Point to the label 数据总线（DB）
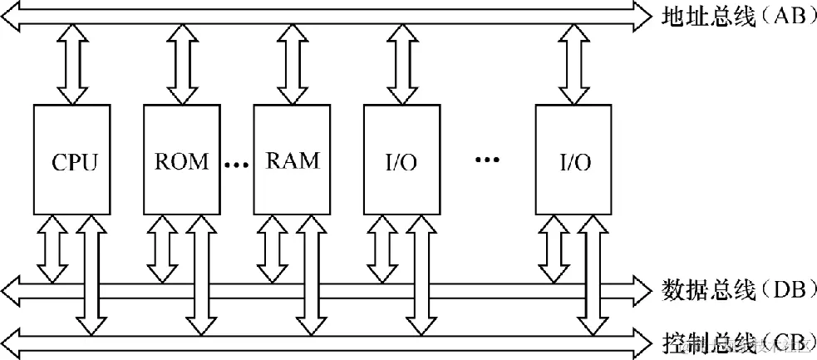(x=735, y=290)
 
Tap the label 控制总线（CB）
(x=735, y=342)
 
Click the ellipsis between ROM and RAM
(x=237, y=165)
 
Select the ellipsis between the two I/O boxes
(x=487, y=160)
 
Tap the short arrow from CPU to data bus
(x=54, y=247)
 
